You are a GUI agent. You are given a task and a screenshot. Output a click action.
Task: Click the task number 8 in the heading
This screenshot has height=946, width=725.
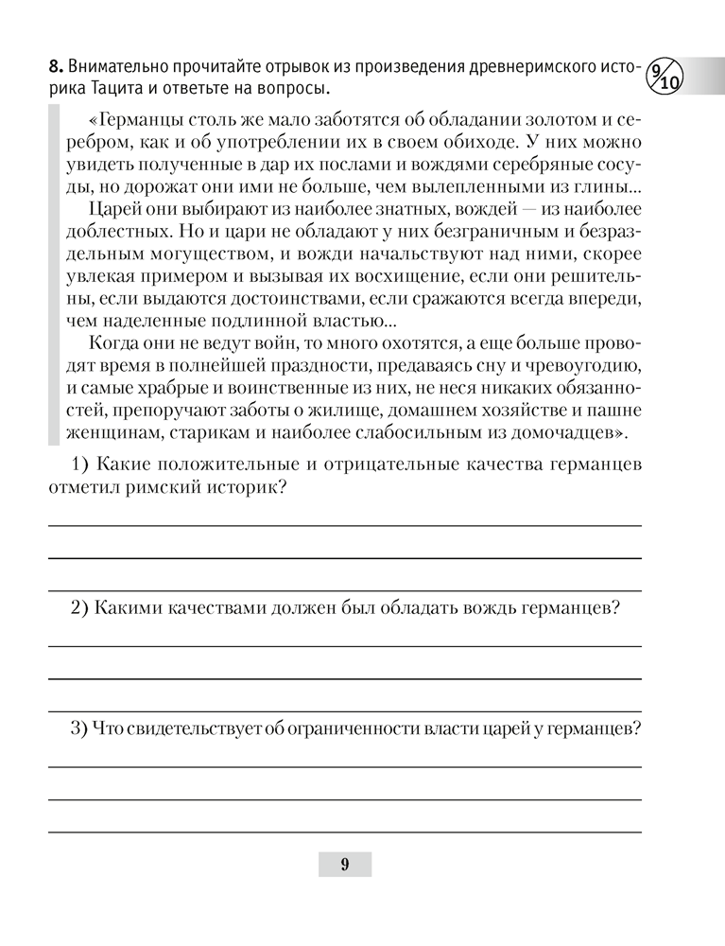click(54, 68)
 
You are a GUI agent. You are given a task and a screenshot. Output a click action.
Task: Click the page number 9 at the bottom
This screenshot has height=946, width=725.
click(344, 863)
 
